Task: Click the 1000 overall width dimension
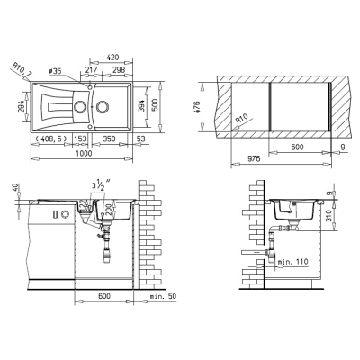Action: click(84, 153)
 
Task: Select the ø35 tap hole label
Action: click(55, 71)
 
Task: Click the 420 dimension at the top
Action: click(112, 57)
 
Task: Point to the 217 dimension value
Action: click(91, 69)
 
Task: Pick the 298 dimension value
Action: click(119, 69)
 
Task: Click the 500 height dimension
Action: click(155, 105)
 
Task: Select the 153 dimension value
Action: click(80, 139)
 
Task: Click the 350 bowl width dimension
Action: click(109, 139)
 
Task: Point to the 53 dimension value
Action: click(140, 139)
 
